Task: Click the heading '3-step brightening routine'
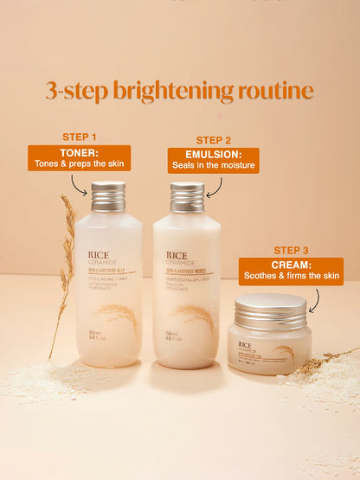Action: (x=179, y=90)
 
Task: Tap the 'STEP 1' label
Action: (x=80, y=137)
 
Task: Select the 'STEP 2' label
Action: (x=213, y=139)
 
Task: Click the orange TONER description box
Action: (x=80, y=157)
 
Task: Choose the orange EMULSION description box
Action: (x=213, y=160)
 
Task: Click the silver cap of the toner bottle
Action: (x=108, y=196)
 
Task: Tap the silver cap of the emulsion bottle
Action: (x=186, y=197)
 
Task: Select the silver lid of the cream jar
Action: (x=270, y=308)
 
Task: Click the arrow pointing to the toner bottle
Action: (x=80, y=184)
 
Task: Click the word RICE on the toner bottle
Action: (x=99, y=255)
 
